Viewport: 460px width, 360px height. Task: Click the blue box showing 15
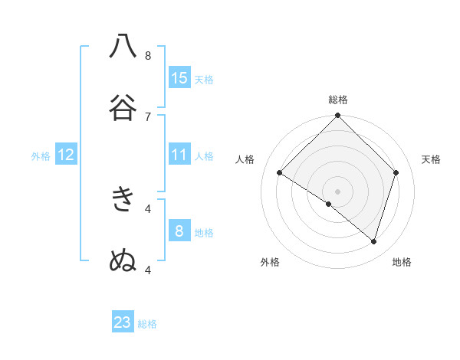pyautogui.click(x=179, y=78)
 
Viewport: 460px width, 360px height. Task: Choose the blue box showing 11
pyautogui.click(x=179, y=155)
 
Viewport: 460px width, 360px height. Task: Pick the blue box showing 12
pyautogui.click(x=66, y=155)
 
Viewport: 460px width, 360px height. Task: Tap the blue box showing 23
pyautogui.click(x=123, y=322)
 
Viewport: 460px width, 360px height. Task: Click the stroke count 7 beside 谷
pyautogui.click(x=148, y=116)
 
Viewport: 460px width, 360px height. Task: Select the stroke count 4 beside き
pyautogui.click(x=148, y=208)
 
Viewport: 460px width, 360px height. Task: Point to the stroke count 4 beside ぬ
pyautogui.click(x=148, y=269)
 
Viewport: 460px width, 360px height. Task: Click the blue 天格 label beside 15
pyautogui.click(x=204, y=79)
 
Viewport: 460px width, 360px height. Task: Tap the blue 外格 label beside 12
pyautogui.click(x=41, y=155)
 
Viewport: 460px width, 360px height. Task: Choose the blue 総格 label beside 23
pyautogui.click(x=147, y=323)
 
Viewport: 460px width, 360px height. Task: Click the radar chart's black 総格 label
pyautogui.click(x=338, y=100)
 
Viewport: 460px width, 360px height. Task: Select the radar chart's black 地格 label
pyautogui.click(x=402, y=262)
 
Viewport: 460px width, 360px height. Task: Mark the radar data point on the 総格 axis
pyautogui.click(x=338, y=116)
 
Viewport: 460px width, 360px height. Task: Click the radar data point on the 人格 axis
pyautogui.click(x=280, y=173)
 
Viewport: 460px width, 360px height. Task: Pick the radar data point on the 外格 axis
pyautogui.click(x=329, y=204)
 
